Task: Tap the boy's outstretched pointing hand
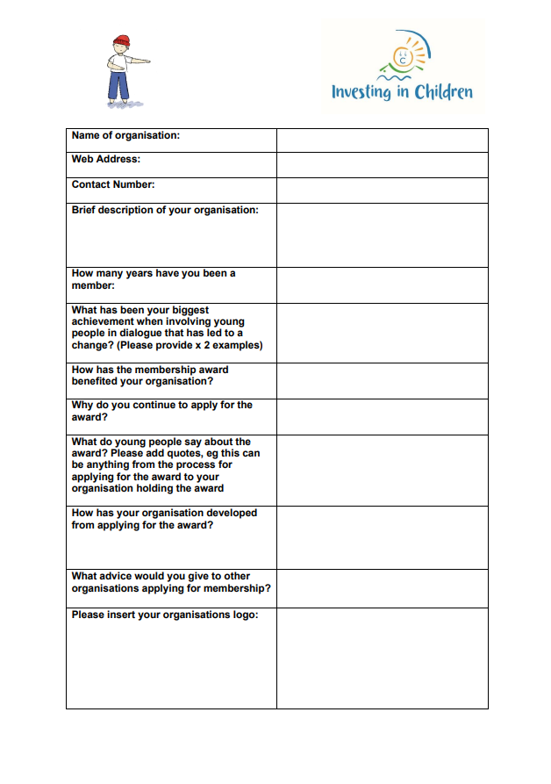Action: (145, 62)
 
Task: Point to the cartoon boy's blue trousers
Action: (118, 86)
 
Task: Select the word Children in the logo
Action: (444, 91)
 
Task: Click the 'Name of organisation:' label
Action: (125, 135)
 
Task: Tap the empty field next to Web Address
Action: (382, 164)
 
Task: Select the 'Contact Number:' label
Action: (113, 184)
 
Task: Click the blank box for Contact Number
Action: (382, 190)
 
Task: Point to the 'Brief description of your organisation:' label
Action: (165, 210)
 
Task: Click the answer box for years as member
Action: (382, 284)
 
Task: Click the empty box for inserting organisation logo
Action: (382, 658)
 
